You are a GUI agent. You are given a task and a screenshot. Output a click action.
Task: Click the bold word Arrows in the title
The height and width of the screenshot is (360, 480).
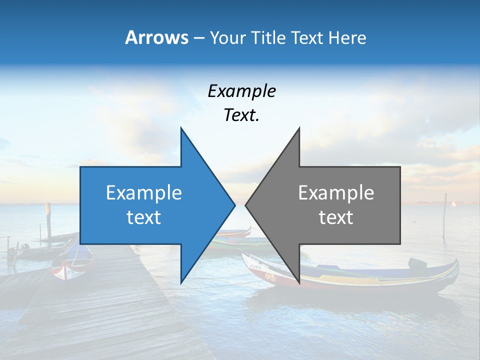(156, 37)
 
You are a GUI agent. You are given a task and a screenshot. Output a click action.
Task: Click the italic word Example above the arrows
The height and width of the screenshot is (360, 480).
(242, 91)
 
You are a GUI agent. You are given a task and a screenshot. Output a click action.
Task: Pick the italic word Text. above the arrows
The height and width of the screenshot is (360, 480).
(242, 115)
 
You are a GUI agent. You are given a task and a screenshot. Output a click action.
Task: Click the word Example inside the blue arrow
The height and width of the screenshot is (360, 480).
(144, 193)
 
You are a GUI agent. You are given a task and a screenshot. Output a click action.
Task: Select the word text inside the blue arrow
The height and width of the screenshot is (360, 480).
(144, 217)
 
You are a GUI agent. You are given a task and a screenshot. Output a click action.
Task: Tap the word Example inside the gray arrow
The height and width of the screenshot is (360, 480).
(336, 193)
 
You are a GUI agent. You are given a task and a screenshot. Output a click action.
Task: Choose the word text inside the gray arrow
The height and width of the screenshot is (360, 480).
(336, 217)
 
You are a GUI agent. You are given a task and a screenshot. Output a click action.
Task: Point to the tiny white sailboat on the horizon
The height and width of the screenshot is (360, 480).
(454, 203)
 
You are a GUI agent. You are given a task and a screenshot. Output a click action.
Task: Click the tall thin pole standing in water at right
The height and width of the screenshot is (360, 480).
(444, 215)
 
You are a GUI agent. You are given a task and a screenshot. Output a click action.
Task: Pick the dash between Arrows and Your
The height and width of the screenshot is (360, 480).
(198, 38)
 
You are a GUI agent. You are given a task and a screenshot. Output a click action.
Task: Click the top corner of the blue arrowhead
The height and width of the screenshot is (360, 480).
(181, 128)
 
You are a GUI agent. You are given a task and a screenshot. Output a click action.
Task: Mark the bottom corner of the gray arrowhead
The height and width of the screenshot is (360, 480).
(299, 282)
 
